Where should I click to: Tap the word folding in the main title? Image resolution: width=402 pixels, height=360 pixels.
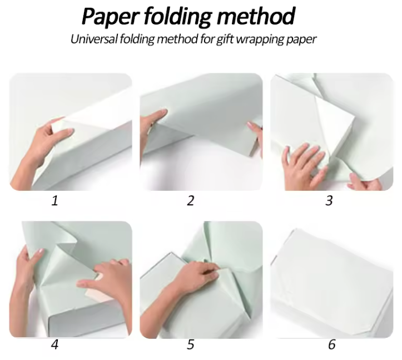point(177,17)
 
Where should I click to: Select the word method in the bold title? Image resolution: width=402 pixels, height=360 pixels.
point(256,16)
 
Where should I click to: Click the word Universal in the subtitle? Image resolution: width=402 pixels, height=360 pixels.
point(94,40)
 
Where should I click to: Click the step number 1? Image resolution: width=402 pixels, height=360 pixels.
point(54,201)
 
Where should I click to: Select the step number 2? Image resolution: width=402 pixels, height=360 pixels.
point(190,201)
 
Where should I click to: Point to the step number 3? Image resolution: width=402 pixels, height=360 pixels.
point(329,201)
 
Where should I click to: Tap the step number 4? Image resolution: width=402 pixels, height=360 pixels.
point(54,344)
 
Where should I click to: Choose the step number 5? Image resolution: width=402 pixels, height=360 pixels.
point(190,344)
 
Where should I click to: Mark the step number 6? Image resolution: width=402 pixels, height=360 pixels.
point(332,344)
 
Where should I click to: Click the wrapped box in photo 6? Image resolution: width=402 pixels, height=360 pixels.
point(332,282)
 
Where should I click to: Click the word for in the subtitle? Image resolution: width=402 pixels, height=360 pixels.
point(207,40)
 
